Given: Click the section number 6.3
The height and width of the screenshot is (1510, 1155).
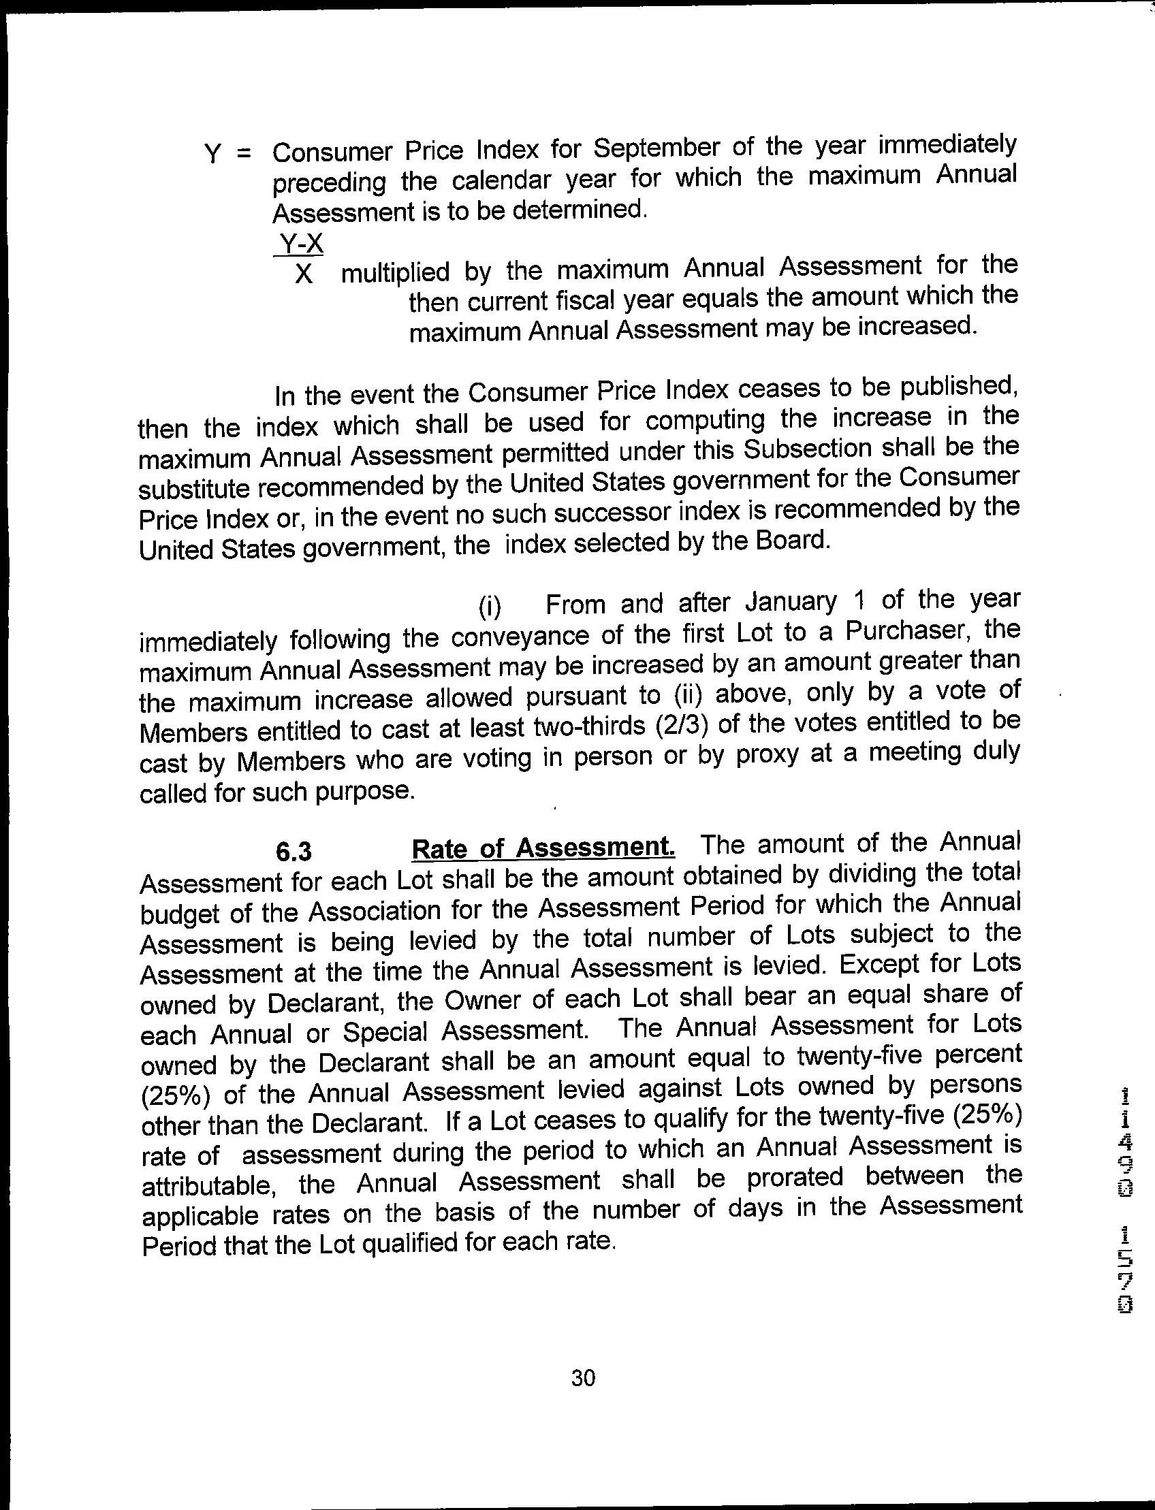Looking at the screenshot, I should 294,852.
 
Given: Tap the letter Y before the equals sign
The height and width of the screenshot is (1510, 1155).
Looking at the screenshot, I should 214,154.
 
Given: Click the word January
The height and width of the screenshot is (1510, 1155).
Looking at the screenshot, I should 791,603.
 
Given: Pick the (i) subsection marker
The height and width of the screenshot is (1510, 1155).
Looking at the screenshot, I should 490,606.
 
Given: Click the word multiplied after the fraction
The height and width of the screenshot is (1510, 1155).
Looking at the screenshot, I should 395,272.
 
